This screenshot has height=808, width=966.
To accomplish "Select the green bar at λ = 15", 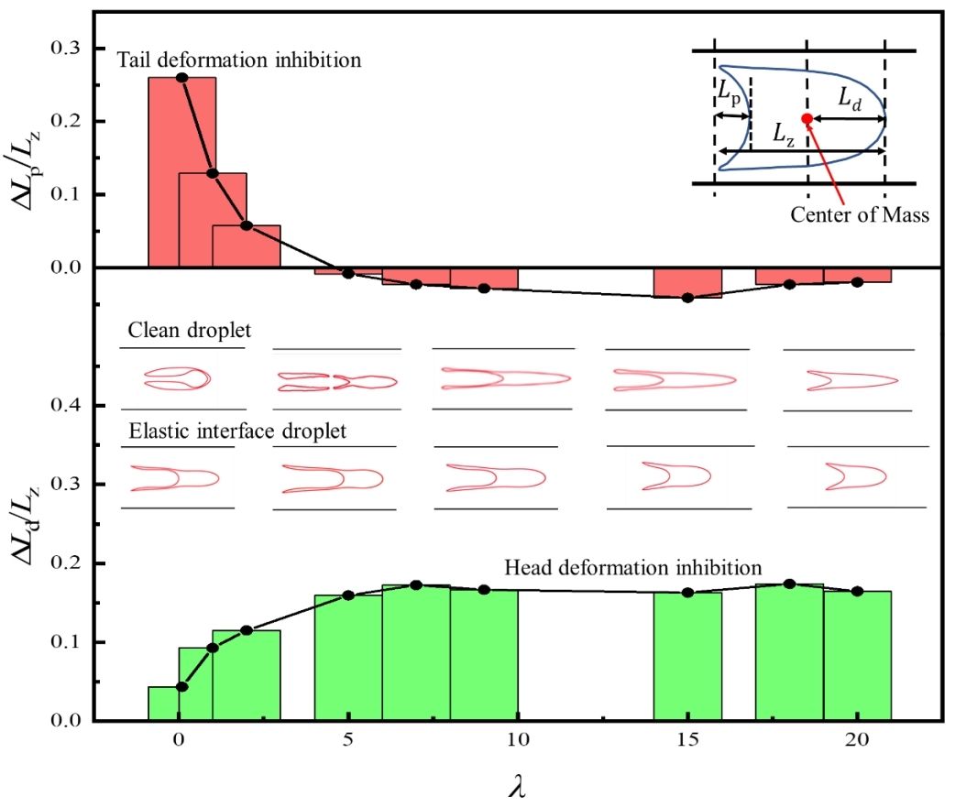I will click(687, 656).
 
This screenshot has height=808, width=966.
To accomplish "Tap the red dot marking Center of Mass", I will click(807, 119).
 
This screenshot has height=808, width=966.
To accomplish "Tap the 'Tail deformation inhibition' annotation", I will click(240, 60).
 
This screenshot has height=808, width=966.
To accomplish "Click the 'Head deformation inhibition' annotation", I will click(633, 567).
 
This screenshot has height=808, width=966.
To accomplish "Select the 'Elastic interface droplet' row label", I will click(238, 431).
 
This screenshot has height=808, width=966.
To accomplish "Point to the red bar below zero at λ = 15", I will click(687, 283).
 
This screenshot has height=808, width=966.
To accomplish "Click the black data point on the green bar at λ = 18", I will click(789, 584).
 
